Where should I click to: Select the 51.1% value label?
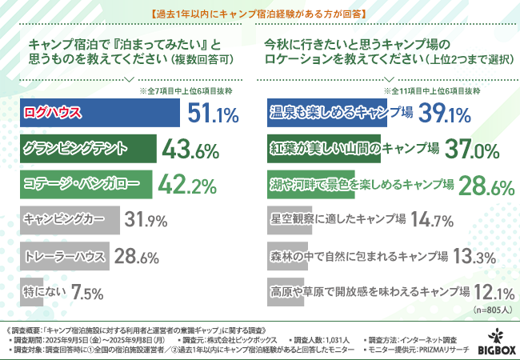pos(213,114)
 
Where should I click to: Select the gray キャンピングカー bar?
pos(69,219)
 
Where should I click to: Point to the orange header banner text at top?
pos(260,12)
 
